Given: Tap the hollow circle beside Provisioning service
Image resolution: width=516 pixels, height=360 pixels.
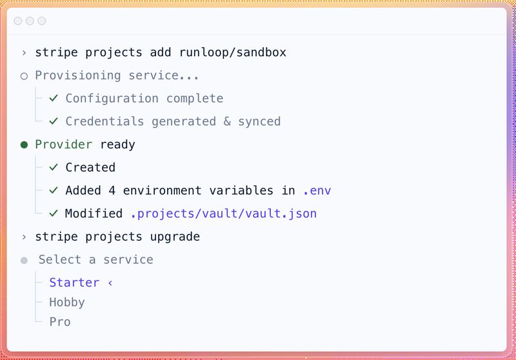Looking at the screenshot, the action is click(25, 76).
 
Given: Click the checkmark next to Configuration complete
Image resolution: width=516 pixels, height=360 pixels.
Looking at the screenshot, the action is click(54, 99).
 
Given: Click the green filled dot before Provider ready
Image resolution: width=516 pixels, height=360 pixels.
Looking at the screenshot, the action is click(25, 145).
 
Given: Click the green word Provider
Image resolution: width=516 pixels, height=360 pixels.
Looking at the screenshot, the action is click(64, 145).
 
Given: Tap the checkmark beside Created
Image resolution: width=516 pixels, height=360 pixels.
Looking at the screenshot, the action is click(54, 168).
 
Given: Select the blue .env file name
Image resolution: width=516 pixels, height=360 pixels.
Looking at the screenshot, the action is click(317, 191).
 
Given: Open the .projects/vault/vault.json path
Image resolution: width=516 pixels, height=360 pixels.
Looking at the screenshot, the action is click(223, 214).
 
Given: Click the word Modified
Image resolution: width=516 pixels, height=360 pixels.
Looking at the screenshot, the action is click(94, 214).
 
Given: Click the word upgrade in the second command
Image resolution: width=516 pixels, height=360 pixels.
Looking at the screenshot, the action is click(175, 237).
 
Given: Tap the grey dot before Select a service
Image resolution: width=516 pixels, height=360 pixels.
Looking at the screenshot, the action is click(25, 260).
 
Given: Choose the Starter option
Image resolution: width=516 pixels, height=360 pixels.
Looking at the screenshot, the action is click(74, 283).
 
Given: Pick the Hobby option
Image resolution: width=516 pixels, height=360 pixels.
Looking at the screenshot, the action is click(67, 302).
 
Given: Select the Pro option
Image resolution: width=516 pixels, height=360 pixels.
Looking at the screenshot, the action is click(60, 321).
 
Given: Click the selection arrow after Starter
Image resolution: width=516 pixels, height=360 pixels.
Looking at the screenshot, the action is click(110, 283).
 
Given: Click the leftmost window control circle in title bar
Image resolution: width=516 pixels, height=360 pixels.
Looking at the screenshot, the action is click(18, 21).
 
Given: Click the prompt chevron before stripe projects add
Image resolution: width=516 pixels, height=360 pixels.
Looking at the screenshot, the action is click(25, 52).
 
